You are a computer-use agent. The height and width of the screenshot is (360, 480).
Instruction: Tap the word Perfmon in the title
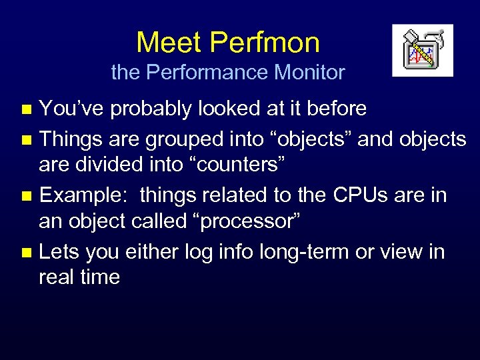tap(265, 43)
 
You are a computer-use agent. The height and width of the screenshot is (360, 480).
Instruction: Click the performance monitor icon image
tap(423, 51)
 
